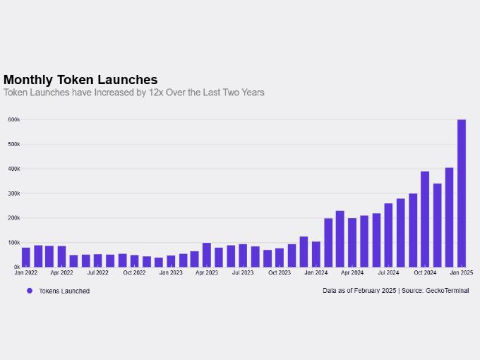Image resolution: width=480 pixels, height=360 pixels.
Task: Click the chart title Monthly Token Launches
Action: [80, 80]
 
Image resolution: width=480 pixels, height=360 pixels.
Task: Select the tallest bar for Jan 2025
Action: [462, 193]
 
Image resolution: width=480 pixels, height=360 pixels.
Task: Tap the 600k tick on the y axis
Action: [13, 120]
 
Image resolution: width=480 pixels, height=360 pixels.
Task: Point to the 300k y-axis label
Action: [13, 193]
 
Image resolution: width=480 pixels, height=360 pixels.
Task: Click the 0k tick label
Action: [16, 267]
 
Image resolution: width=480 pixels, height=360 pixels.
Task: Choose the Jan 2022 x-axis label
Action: [25, 272]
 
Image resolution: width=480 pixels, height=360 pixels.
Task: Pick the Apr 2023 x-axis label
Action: [207, 272]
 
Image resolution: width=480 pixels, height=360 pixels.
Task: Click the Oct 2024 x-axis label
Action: [425, 272]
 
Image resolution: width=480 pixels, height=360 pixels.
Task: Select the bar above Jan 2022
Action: [26, 257]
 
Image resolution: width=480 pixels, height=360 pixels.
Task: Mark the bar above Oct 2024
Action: [425, 220]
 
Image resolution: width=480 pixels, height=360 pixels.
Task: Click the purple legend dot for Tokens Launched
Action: [30, 291]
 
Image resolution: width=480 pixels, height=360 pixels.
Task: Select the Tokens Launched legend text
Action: [64, 291]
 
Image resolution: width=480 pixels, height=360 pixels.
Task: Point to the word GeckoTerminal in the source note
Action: [447, 291]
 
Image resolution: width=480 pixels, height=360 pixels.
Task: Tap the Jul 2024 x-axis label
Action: [388, 272]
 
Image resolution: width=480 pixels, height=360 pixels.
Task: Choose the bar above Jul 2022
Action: [98, 260]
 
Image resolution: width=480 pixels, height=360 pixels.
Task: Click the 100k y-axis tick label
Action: [13, 243]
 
